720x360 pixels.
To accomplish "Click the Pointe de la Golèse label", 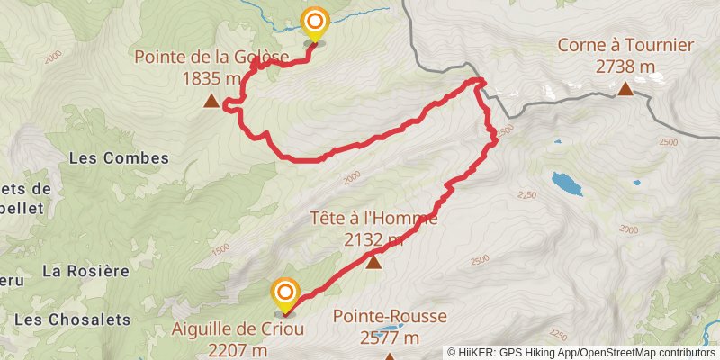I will coord(211,58).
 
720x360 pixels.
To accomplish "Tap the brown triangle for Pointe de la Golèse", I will coord(211,102).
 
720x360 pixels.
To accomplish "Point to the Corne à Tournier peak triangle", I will coord(625,88).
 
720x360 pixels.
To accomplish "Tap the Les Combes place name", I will coord(119,158).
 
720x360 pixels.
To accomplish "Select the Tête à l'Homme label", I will coord(373,218).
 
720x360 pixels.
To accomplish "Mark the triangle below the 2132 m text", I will coord(373,262).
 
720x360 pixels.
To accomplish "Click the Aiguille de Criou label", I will coord(238,328).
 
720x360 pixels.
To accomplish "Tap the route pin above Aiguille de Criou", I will coord(285,292).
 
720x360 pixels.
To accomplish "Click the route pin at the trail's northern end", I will coord(314,22).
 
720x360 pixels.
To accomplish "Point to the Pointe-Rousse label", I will coord(390,317).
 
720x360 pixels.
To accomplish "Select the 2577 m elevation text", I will coord(390,338).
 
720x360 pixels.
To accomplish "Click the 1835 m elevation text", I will coord(211,79).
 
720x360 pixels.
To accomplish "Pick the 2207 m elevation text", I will coord(238,349).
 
